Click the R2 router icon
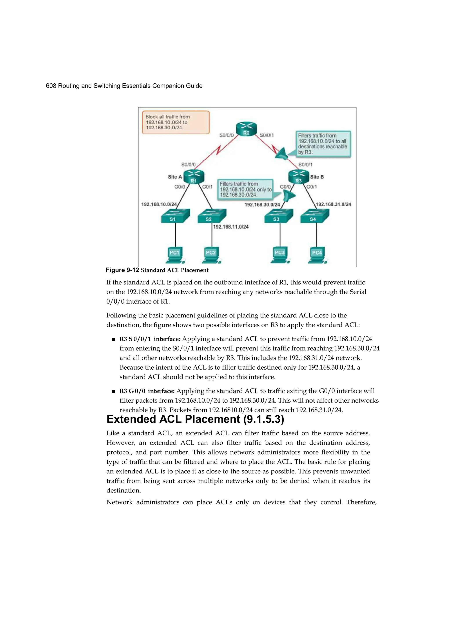[x=246, y=129]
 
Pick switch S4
[x=315, y=216]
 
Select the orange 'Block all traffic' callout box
[x=176, y=122]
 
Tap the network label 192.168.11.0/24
[x=231, y=227]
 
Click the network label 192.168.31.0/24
[x=333, y=204]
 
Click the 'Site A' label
[x=175, y=177]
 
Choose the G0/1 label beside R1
[x=207, y=187]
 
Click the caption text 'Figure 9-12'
[x=122, y=270]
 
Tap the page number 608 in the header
[x=51, y=86]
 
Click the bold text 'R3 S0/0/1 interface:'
[x=150, y=339]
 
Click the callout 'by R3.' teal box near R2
[x=323, y=144]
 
